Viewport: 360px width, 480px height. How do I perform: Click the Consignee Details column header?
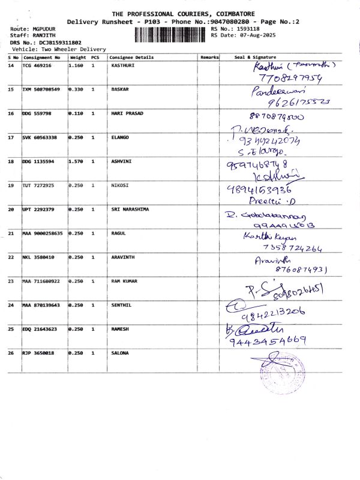coord(131,58)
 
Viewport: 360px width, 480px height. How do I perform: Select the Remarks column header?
coord(209,58)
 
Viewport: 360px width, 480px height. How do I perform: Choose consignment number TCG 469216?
coord(37,65)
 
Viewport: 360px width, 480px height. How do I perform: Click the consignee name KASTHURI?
coord(123,65)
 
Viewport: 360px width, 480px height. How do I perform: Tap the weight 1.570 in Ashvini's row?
coord(77,161)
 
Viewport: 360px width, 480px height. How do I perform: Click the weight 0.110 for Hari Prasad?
coord(77,113)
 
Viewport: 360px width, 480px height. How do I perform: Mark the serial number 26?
coord(11,353)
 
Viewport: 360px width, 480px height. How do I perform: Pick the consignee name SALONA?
coord(120,353)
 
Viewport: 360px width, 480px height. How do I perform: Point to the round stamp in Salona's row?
coord(280,375)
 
